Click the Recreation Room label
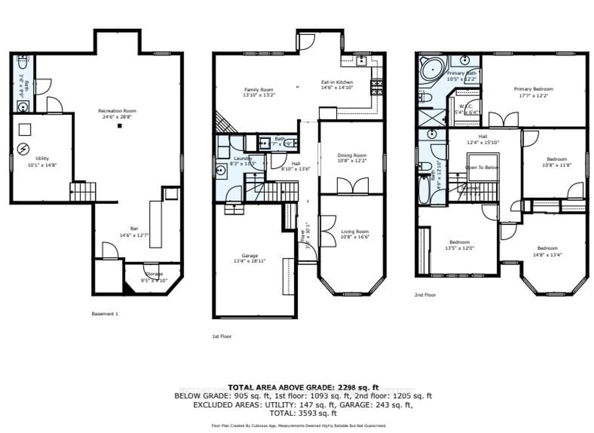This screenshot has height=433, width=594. pos(117,111)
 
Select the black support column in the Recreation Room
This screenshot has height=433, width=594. pos(120,126)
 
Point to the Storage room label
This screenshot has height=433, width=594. pos(154,274)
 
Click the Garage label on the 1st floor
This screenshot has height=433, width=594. pos(250,256)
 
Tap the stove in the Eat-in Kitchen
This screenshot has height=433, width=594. pos(376,88)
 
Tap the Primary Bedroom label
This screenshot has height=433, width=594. pos(533,89)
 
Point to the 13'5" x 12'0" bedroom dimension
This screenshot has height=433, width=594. pos(459,248)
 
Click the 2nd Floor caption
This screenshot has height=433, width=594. pos(425,295)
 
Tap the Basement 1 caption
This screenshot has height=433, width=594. pos(105,314)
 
